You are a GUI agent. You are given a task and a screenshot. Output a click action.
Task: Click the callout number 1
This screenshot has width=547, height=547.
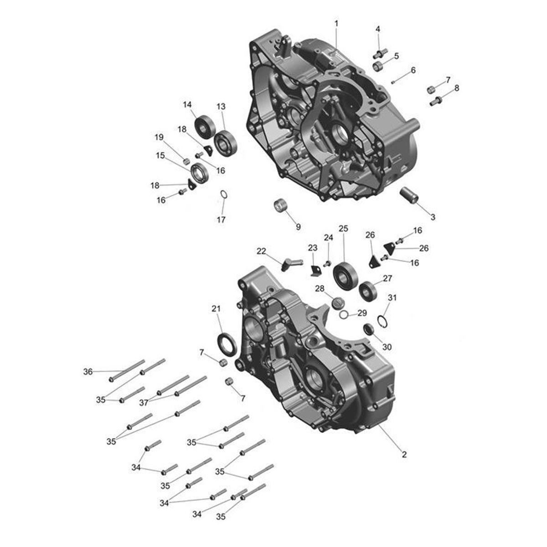[x=336, y=24]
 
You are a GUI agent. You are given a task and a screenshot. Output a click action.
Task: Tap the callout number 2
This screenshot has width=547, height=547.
[x=404, y=454]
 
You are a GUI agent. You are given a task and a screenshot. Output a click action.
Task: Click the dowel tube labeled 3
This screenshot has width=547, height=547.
[x=409, y=195]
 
